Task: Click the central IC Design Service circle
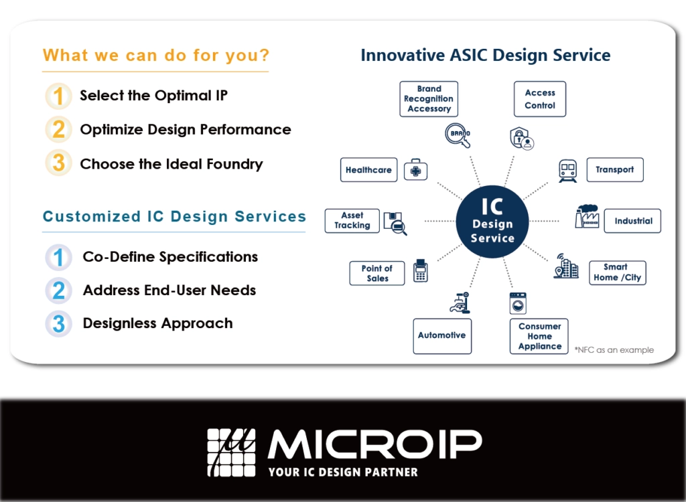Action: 492,222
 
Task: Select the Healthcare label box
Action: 369,169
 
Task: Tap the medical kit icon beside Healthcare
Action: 415,170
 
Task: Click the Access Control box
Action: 540,99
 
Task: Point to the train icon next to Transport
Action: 567,171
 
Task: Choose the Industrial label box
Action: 632,221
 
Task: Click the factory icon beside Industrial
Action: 587,216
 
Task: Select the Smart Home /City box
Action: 617,272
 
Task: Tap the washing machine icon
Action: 518,303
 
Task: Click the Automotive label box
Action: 442,336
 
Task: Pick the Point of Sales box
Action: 377,273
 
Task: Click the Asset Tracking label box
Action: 352,221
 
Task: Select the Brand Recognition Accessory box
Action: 429,99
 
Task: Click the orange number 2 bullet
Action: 59,129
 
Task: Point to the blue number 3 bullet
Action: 59,324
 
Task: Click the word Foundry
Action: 234,165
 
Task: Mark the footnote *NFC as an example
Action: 614,350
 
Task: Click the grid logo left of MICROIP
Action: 231,452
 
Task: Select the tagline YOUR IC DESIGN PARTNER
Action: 343,473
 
